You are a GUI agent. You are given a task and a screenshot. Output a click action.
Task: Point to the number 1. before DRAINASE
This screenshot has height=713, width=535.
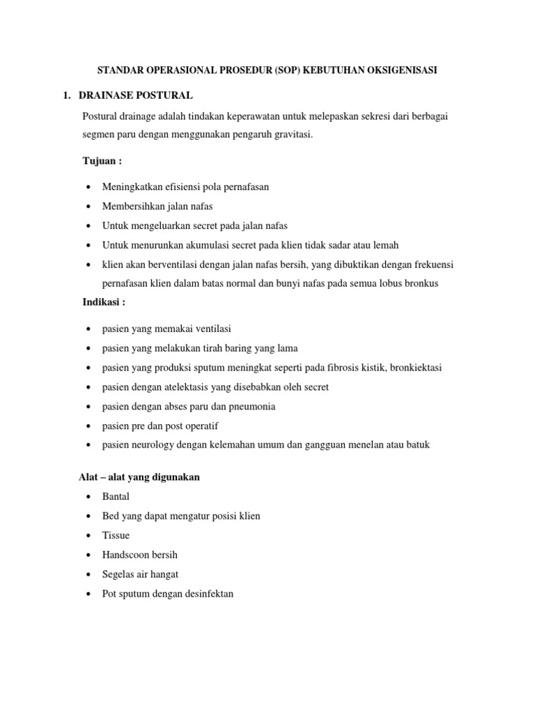(x=68, y=95)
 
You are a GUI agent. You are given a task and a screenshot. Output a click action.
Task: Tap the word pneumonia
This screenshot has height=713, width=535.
(x=250, y=406)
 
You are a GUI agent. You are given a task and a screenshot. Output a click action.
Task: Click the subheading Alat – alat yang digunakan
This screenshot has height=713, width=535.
(x=139, y=477)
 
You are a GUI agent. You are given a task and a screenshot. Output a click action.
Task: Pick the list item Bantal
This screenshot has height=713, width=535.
(x=116, y=496)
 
